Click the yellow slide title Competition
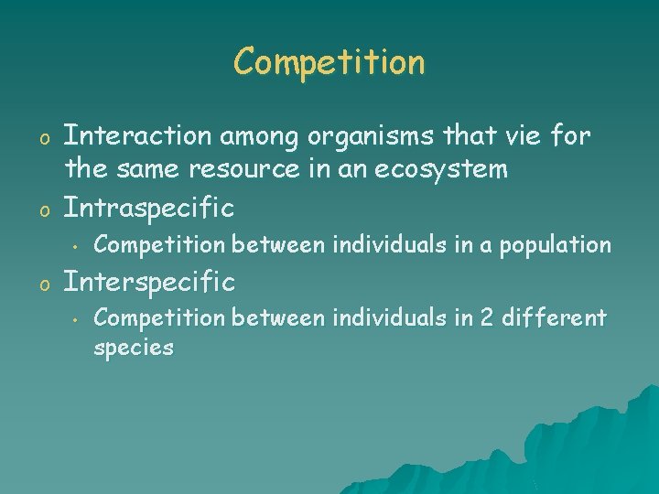[x=329, y=62]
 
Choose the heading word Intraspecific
[x=148, y=208]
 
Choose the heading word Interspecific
[x=148, y=282]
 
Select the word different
[x=553, y=318]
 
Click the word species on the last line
[x=134, y=349]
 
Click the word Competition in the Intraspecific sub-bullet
[x=159, y=245]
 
